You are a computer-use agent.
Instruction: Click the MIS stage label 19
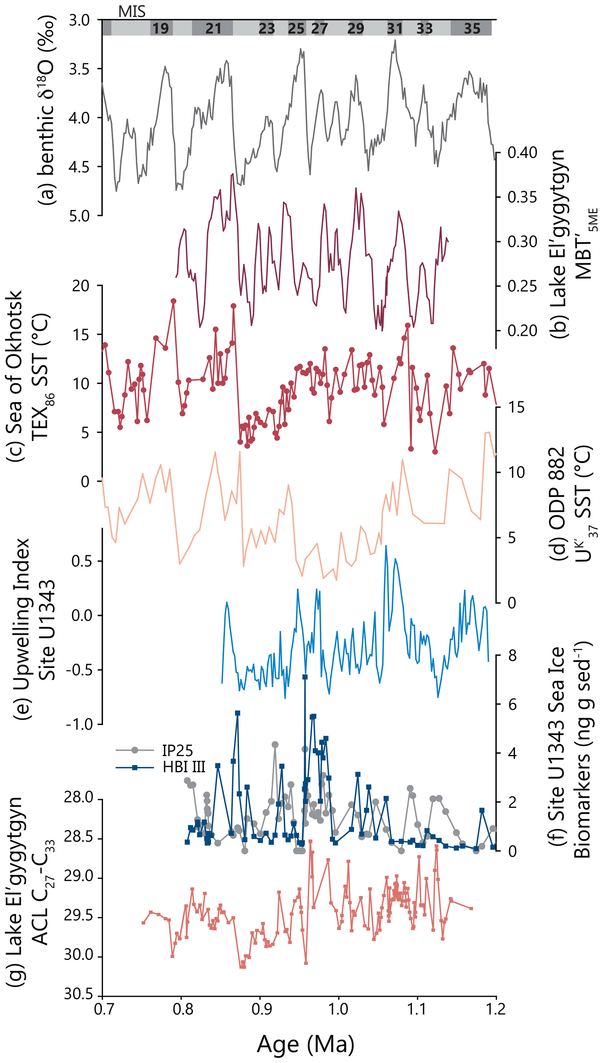[161, 28]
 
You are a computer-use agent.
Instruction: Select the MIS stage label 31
[395, 28]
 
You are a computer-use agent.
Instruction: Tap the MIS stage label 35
[472, 28]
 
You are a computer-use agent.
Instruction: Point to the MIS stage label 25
[296, 28]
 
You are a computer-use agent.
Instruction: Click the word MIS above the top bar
[132, 12]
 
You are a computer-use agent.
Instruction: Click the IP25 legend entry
[177, 750]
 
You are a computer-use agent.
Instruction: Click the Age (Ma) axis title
[306, 1044]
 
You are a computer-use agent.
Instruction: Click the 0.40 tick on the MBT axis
[522, 152]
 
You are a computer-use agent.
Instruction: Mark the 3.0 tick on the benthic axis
[79, 20]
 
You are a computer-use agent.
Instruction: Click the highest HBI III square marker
[305, 677]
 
